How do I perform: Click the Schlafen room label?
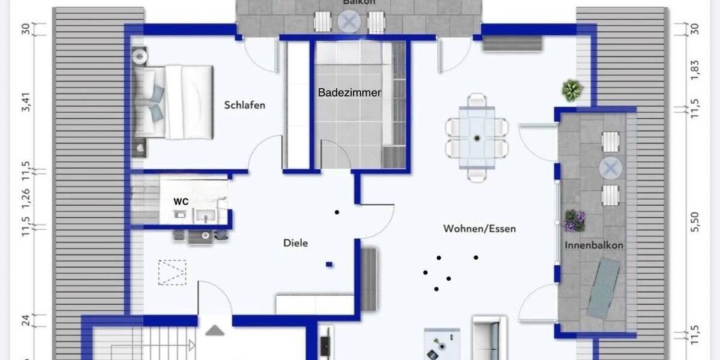click(x=245, y=105)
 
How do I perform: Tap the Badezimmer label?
click(x=350, y=92)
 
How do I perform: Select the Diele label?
click(x=295, y=243)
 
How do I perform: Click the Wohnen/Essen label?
click(x=479, y=229)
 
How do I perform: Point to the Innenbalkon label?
click(x=593, y=245)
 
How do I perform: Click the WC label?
click(x=181, y=202)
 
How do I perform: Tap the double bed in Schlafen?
click(x=173, y=101)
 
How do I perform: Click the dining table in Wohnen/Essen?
click(x=477, y=137)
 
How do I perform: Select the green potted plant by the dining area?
click(x=572, y=90)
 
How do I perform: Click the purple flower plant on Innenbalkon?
click(x=575, y=220)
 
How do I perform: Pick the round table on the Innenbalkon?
click(x=611, y=169)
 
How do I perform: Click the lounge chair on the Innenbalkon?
click(x=603, y=288)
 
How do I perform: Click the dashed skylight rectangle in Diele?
click(x=172, y=272)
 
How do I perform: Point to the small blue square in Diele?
click(x=329, y=264)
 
